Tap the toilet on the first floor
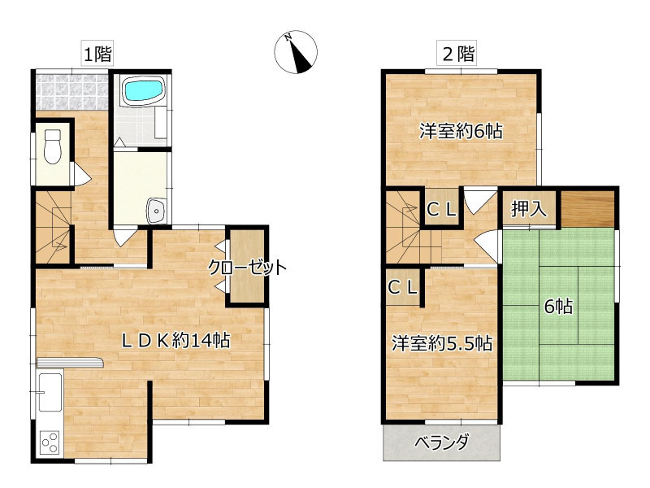(53, 147)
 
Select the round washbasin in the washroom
(157, 211)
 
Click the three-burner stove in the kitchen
(50, 442)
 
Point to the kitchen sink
(50, 392)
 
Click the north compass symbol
(296, 52)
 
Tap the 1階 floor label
(97, 54)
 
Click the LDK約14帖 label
(175, 341)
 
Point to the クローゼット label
(247, 268)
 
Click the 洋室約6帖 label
(461, 132)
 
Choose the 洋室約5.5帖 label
(442, 343)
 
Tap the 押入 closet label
(529, 208)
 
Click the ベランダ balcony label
(442, 442)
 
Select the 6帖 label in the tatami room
(558, 307)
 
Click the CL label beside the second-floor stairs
(441, 210)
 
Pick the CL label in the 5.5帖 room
(402, 287)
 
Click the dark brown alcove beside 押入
(587, 210)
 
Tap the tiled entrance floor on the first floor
(71, 92)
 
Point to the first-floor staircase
(53, 227)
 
